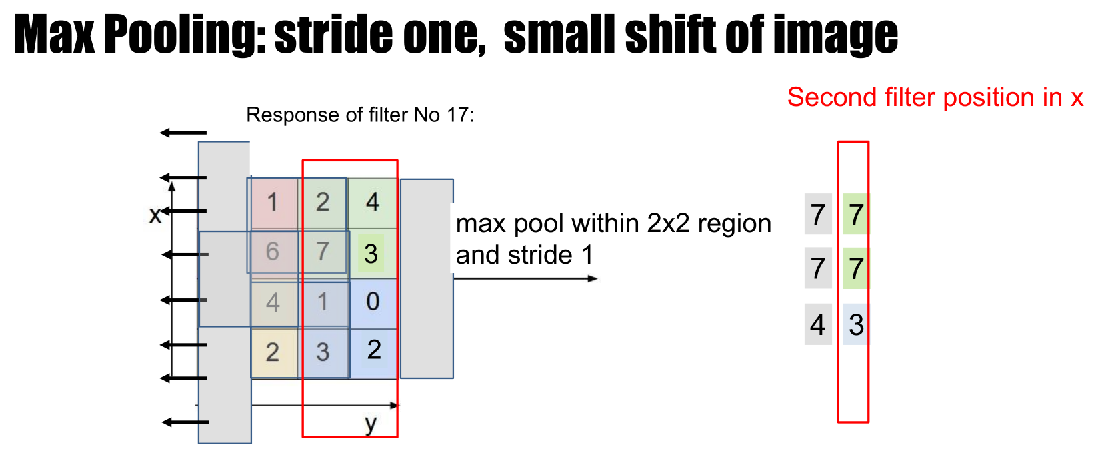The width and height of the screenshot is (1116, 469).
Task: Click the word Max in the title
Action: pos(54,35)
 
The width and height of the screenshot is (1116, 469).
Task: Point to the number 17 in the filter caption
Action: pos(458,115)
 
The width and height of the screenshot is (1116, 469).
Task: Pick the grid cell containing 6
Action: pos(273,252)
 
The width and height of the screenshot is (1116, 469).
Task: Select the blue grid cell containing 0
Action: pos(373,302)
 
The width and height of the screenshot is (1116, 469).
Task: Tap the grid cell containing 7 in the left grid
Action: pos(323,252)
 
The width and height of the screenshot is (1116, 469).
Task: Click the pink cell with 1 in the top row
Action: pos(273,202)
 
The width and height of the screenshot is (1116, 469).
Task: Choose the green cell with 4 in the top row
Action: pos(373,202)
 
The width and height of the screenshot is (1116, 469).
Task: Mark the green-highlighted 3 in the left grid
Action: pos(371,254)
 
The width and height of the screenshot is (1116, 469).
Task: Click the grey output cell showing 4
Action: pos(818,324)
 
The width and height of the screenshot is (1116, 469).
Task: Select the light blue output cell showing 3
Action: pos(856,324)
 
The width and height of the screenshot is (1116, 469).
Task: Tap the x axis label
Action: pos(155,215)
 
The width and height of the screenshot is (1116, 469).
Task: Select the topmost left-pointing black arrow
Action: pos(183,133)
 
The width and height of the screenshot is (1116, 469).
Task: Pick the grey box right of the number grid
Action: pos(427,278)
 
